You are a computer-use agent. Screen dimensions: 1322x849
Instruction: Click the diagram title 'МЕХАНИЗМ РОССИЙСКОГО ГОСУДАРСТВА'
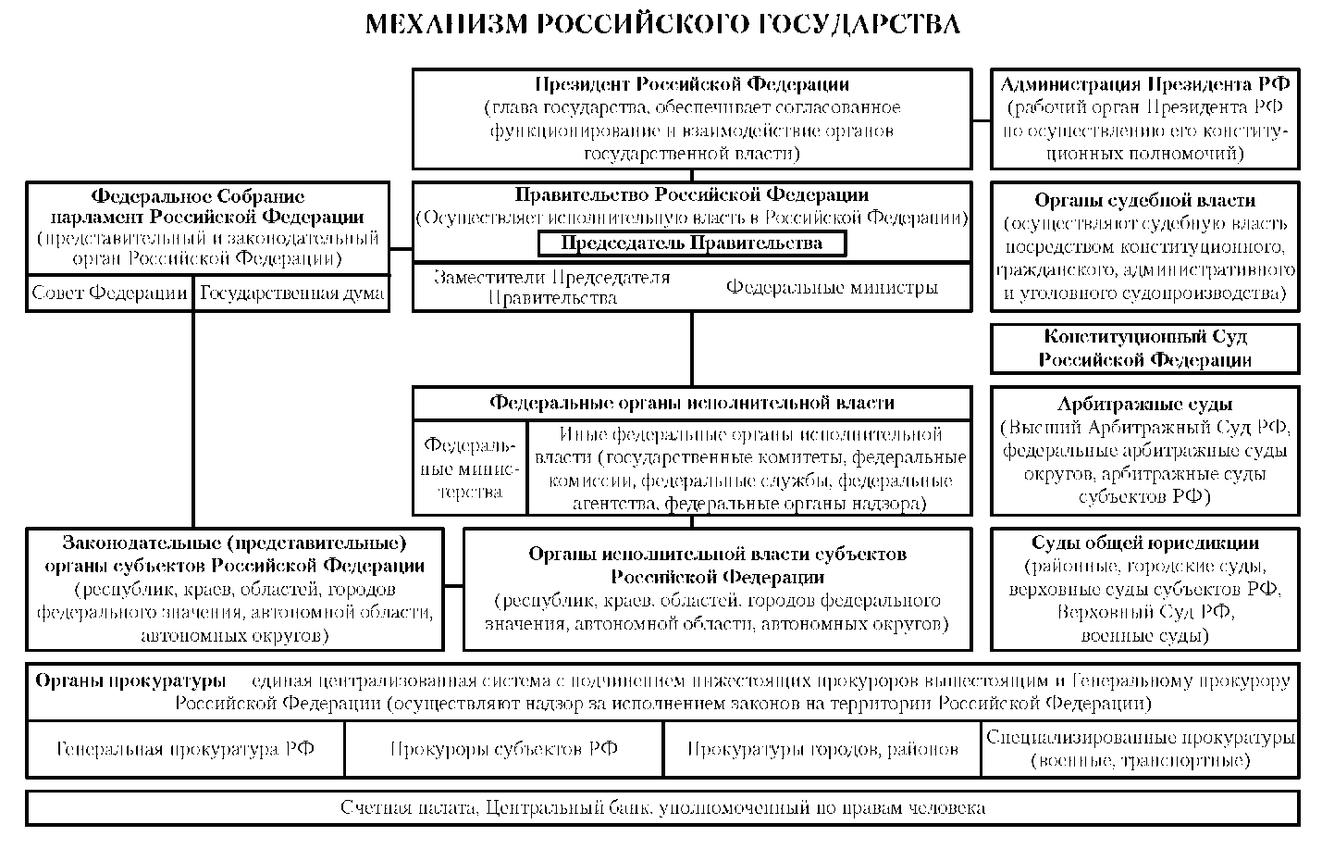pyautogui.click(x=662, y=24)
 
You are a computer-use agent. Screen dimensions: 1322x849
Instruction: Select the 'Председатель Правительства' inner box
pyautogui.click(x=692, y=243)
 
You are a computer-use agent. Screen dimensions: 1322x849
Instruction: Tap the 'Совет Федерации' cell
pyautogui.click(x=110, y=293)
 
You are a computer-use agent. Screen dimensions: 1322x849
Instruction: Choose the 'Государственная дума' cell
pyautogui.click(x=291, y=293)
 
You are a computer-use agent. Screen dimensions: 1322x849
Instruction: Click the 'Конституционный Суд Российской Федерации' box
pyautogui.click(x=1145, y=348)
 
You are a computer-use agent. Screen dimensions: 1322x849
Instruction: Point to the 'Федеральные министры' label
pyautogui.click(x=832, y=287)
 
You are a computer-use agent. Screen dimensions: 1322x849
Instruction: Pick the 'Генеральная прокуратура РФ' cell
pyautogui.click(x=185, y=749)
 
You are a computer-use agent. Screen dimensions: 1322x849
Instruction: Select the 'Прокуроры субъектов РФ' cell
pyautogui.click(x=504, y=749)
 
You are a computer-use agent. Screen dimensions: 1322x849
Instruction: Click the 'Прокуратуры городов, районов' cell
pyautogui.click(x=822, y=749)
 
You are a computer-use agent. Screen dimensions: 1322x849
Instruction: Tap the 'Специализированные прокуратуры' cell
pyautogui.click(x=1141, y=749)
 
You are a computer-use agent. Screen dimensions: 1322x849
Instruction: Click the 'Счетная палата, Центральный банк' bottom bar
pyautogui.click(x=662, y=807)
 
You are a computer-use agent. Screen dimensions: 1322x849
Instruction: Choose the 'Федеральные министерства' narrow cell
pyautogui.click(x=470, y=468)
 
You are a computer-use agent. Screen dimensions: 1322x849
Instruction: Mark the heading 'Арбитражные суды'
pyautogui.click(x=1145, y=404)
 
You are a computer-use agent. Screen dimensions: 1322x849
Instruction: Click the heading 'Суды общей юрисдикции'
pyautogui.click(x=1145, y=543)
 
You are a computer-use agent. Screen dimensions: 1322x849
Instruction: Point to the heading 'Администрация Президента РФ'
pyautogui.click(x=1145, y=84)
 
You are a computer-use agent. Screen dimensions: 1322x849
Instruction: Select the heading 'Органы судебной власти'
pyautogui.click(x=1145, y=200)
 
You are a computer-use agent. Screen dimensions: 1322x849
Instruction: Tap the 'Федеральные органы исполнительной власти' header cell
pyautogui.click(x=692, y=403)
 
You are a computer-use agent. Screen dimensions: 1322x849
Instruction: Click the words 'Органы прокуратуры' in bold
pyautogui.click(x=130, y=680)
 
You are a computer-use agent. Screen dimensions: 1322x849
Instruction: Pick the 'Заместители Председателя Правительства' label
pyautogui.click(x=552, y=287)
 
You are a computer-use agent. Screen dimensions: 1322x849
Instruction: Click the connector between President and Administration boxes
pyautogui.click(x=982, y=120)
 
